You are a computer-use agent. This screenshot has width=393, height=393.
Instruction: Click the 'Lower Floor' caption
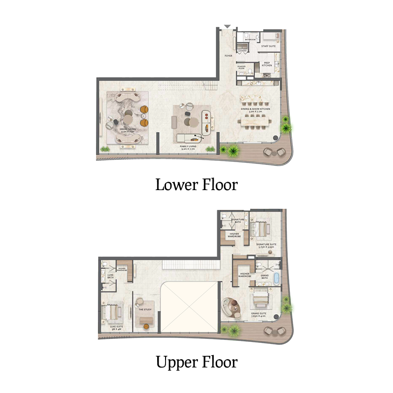[196, 185]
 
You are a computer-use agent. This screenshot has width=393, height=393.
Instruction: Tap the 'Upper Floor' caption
[196, 362]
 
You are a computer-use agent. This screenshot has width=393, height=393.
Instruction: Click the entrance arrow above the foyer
[226, 27]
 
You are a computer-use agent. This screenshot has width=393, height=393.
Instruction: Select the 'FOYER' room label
[228, 56]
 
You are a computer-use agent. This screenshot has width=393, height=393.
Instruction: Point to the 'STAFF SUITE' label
[268, 46]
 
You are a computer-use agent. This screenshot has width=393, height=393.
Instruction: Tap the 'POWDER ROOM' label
[242, 68]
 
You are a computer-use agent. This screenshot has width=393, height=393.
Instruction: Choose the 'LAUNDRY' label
[242, 50]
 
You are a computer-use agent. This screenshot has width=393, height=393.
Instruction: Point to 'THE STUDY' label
[144, 309]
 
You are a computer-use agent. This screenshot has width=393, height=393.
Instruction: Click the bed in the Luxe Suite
[112, 311]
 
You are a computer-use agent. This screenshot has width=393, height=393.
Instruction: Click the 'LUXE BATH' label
[111, 276]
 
